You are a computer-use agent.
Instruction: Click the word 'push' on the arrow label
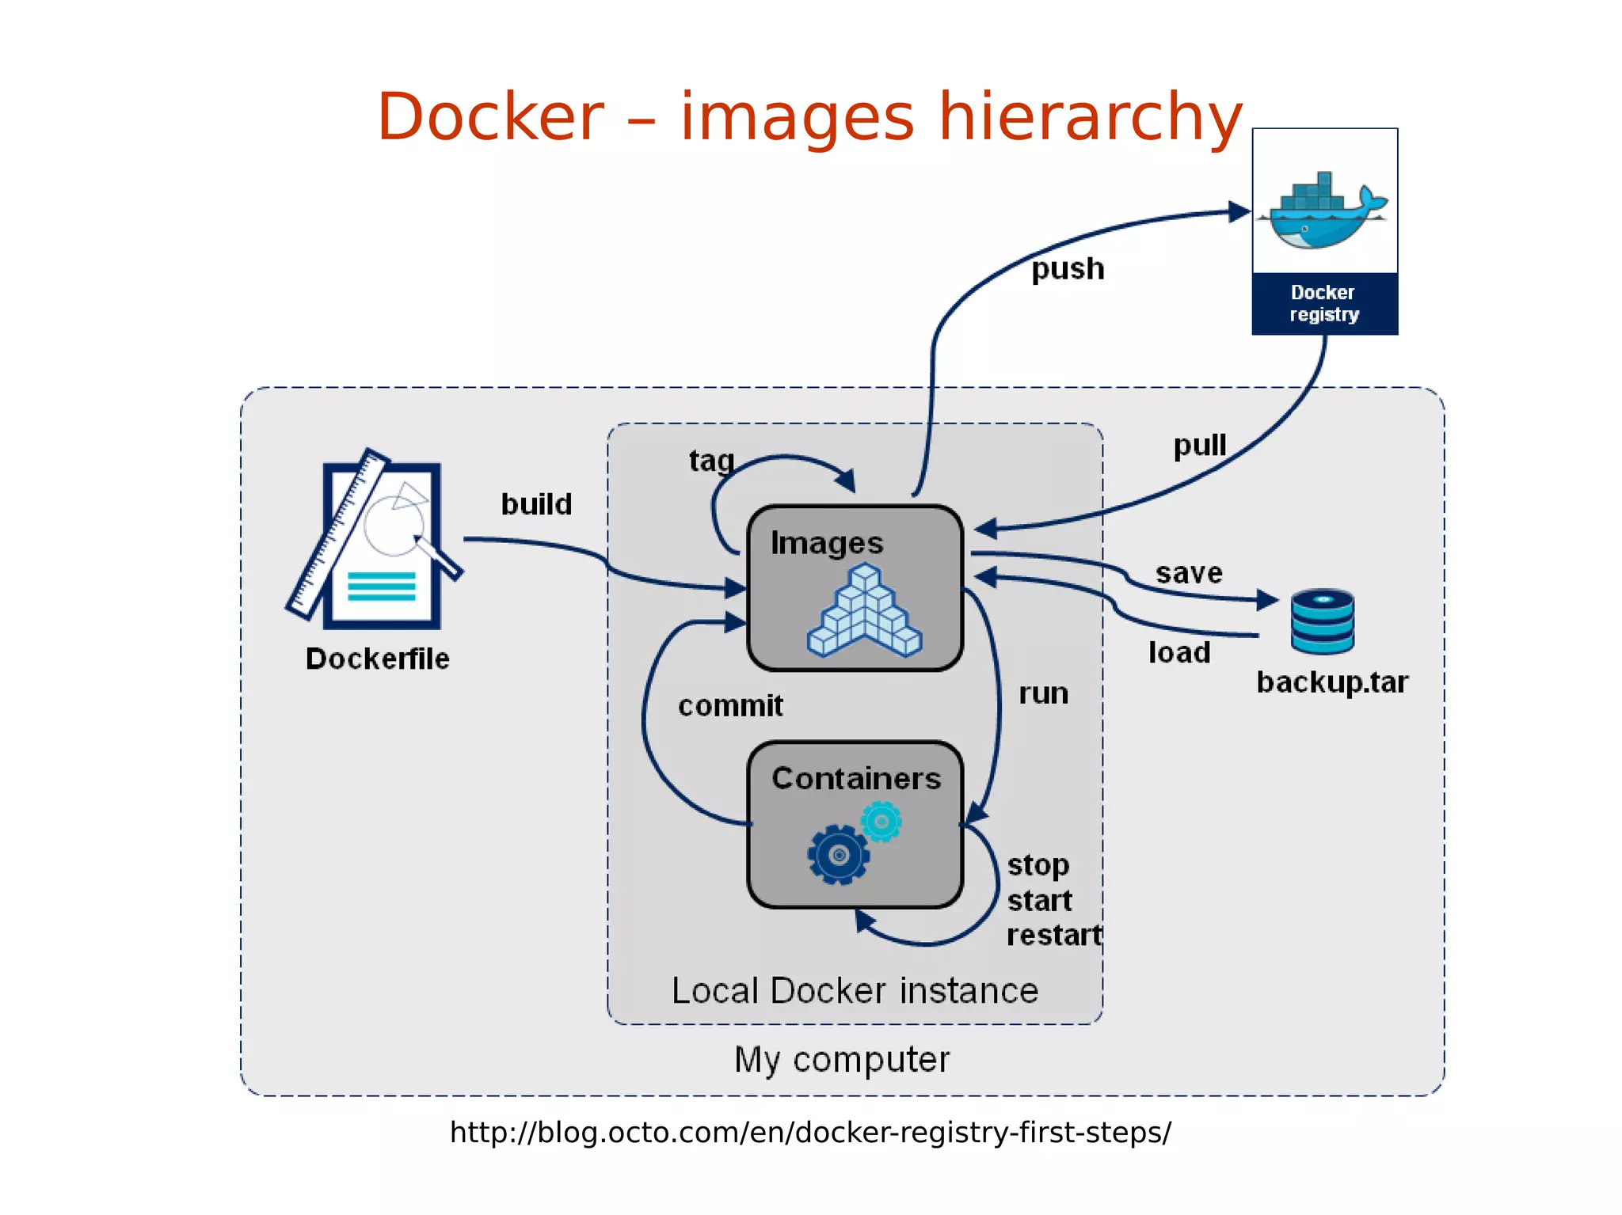tap(1067, 269)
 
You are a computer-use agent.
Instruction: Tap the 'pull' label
tap(1199, 446)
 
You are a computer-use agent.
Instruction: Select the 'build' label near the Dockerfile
tap(536, 504)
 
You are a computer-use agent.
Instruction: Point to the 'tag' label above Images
tap(711, 461)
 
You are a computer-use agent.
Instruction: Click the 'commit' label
tap(730, 705)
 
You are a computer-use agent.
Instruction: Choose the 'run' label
tap(1043, 693)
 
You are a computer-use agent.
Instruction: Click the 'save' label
tap(1188, 572)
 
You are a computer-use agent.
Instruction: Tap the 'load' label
tap(1179, 653)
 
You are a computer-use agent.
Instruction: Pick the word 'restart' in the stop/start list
tap(1053, 936)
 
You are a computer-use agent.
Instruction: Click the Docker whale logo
tap(1325, 211)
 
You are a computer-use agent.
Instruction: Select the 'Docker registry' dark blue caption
tap(1324, 303)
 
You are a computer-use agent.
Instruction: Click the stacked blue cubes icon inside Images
tap(864, 611)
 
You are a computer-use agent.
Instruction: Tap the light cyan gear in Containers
tap(881, 822)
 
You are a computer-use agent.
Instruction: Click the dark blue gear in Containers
tap(839, 855)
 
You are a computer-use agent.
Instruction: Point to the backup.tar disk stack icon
tap(1322, 621)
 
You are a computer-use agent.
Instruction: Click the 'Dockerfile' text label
tap(377, 659)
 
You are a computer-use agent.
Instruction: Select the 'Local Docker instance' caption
tap(855, 991)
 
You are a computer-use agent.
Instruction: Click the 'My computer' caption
tap(841, 1060)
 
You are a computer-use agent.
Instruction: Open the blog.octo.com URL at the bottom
tap(810, 1133)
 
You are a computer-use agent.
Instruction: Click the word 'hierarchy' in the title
tap(1090, 117)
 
